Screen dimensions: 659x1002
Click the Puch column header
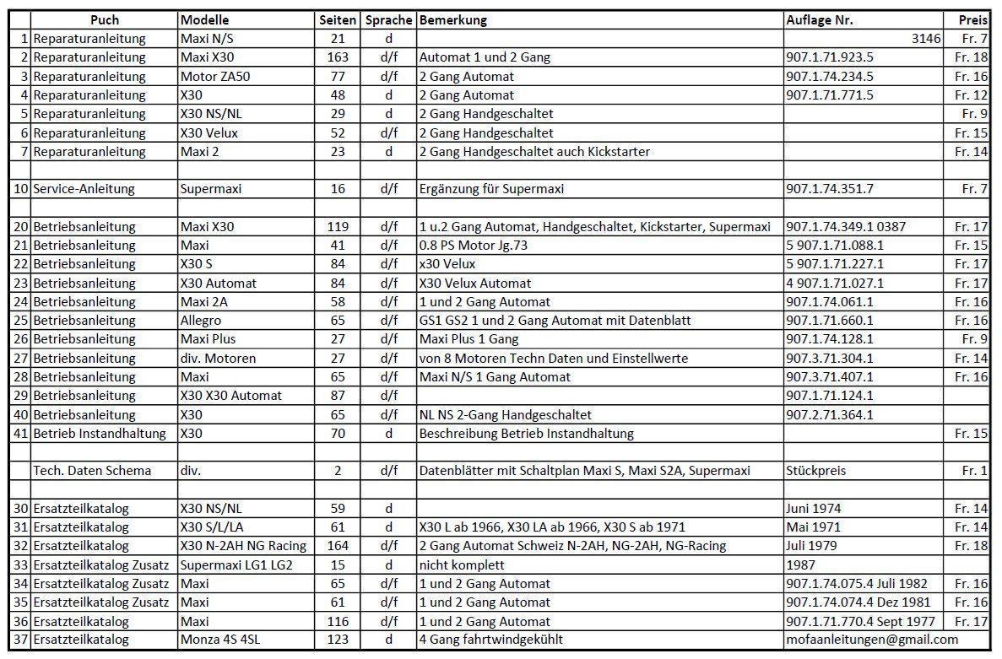pyautogui.click(x=104, y=20)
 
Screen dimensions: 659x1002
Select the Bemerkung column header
pyautogui.click(x=452, y=20)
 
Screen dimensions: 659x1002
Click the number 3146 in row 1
pyautogui.click(x=926, y=39)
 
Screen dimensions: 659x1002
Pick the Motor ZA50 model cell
pyautogui.click(x=215, y=77)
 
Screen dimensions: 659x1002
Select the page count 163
pyautogui.click(x=338, y=57)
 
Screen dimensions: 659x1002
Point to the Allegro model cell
pyautogui.click(x=200, y=321)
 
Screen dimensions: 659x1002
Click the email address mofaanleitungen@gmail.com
pyautogui.click(x=872, y=640)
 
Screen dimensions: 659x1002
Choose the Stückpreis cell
pyautogui.click(x=815, y=471)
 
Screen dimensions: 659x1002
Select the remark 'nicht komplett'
pyautogui.click(x=461, y=564)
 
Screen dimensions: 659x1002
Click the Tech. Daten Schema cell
pyautogui.click(x=92, y=471)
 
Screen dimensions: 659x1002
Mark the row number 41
pyautogui.click(x=21, y=434)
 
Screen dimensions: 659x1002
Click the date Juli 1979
pyautogui.click(x=811, y=546)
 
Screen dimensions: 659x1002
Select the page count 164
pyautogui.click(x=338, y=546)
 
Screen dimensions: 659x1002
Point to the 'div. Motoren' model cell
pyautogui.click(x=218, y=359)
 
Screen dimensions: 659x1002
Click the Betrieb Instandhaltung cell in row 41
pyautogui.click(x=103, y=434)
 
